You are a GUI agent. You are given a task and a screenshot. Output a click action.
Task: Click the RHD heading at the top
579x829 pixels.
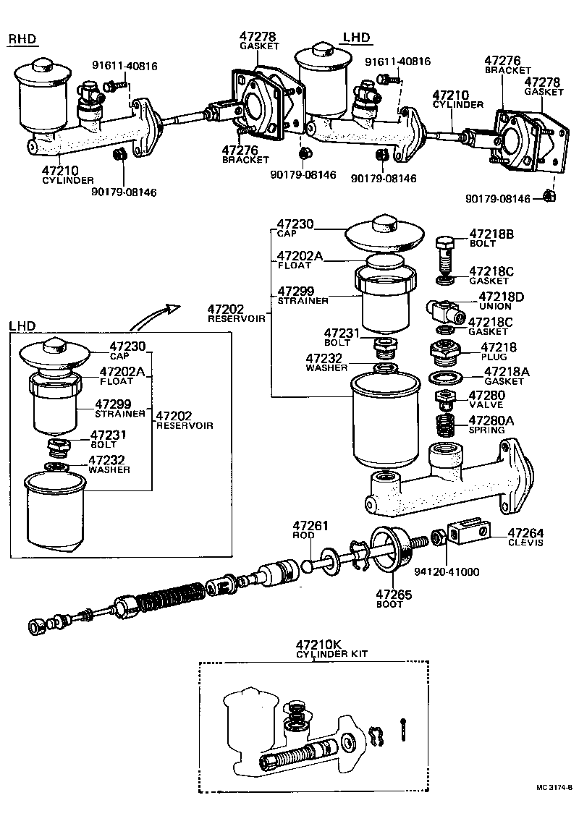point(22,39)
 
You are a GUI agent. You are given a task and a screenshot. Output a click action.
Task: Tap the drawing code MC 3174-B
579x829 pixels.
point(554,787)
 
